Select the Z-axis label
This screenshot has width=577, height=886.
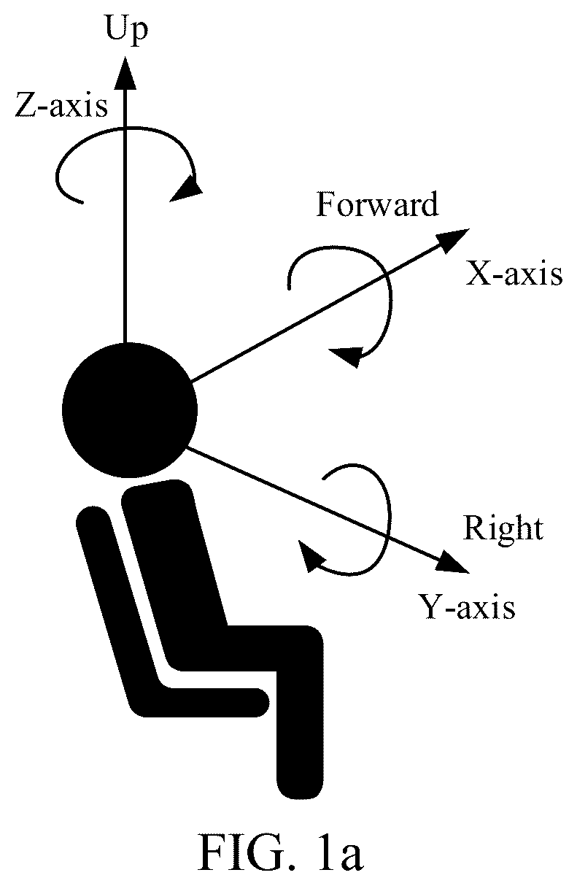(x=61, y=105)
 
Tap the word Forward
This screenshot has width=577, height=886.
(x=377, y=204)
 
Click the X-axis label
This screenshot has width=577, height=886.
(x=514, y=274)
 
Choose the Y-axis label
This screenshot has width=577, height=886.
(x=467, y=606)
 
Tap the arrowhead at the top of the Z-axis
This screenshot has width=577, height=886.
(x=125, y=72)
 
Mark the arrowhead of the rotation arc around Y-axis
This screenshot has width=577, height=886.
(x=311, y=555)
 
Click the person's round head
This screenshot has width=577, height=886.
(x=130, y=410)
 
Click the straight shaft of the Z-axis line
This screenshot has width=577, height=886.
(x=125, y=215)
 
